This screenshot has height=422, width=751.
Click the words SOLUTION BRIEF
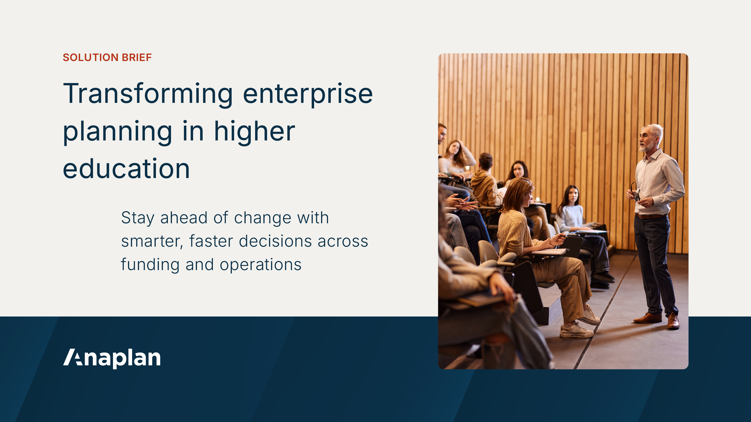(107, 57)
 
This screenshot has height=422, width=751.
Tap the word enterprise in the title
(308, 94)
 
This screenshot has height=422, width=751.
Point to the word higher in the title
(255, 132)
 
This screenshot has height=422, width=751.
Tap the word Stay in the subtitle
(138, 218)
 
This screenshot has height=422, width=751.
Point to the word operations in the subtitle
(260, 265)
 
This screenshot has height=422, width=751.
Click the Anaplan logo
(112, 358)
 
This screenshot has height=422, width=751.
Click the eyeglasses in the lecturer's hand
(635, 192)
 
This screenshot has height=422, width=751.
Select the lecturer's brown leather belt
(651, 216)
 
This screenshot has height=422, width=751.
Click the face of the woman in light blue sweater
(573, 196)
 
